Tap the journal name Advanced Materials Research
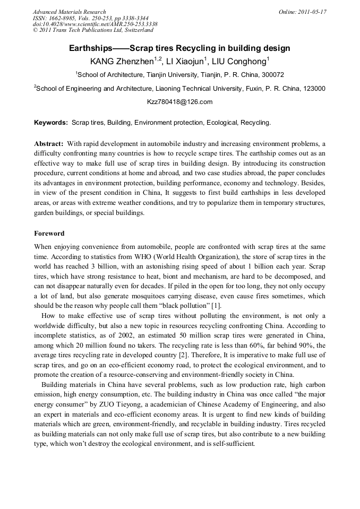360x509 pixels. tap(70, 12)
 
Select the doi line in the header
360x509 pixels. tap(95, 24)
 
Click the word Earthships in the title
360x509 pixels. tap(91, 48)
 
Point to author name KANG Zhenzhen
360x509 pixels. tap(122, 61)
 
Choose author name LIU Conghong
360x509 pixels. tap(239, 61)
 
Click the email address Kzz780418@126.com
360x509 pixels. tap(179, 102)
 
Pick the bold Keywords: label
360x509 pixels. tap(51, 123)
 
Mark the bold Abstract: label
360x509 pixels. tap(49, 144)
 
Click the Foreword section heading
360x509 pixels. tap(49, 233)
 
